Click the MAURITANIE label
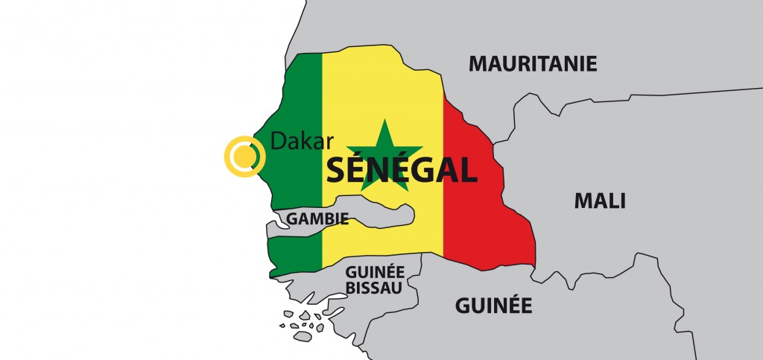533,63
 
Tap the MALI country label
599,200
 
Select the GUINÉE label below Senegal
493,305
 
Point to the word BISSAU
374,287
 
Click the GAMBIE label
318,219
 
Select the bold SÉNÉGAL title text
402,170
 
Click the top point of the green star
385,121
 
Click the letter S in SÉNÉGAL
336,170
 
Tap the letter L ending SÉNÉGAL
468,170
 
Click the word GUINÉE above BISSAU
374,271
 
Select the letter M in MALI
582,200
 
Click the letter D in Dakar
276,140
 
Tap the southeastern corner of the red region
534,266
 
